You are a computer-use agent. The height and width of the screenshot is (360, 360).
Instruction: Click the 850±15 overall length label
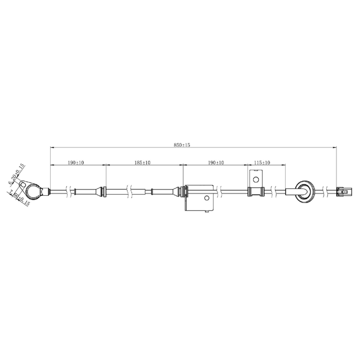pos(182,145)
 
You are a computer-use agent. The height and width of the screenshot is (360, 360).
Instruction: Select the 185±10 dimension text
pos(143,162)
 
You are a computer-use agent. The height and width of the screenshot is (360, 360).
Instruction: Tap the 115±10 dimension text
pos(262,162)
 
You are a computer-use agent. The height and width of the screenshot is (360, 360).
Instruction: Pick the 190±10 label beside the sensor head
pos(76,162)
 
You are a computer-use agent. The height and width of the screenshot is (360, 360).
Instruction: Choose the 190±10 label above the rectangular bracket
pos(216,162)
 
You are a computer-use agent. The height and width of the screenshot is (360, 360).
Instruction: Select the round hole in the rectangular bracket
pos(206,198)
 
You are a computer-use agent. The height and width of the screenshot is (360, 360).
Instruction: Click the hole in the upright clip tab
pos(256,181)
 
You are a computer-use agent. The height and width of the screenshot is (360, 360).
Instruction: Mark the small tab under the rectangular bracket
pos(209,211)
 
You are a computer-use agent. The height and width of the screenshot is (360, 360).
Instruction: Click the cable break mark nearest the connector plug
pos(325,192)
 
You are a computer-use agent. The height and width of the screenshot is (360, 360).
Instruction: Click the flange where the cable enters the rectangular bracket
pos(182,192)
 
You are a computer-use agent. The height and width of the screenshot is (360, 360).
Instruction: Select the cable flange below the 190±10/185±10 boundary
pos(104,192)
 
